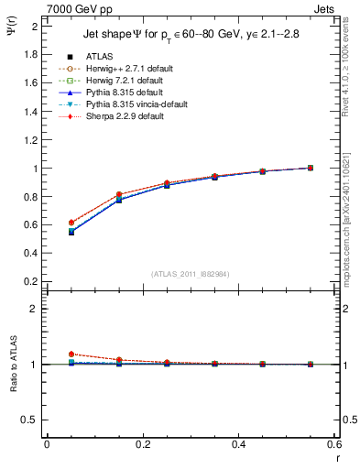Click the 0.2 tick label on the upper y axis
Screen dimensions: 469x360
tap(29, 282)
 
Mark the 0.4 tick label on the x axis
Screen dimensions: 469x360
tap(238, 444)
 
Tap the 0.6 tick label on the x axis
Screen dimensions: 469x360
tap(333, 444)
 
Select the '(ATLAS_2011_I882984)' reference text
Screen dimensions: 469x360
tap(191, 274)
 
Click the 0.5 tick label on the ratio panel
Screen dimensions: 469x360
tap(29, 420)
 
